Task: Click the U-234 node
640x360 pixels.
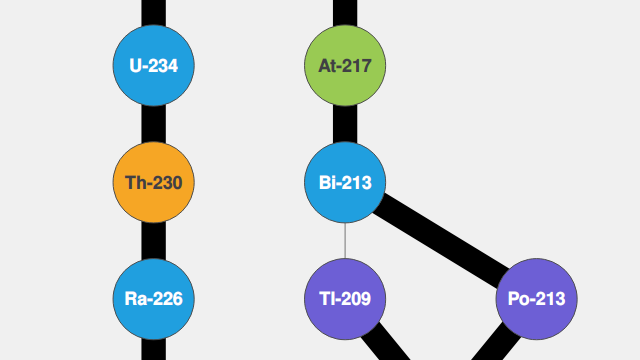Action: click(153, 66)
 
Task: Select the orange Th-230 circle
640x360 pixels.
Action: click(153, 182)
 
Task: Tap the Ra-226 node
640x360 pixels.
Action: click(153, 298)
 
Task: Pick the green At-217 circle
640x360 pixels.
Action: click(345, 66)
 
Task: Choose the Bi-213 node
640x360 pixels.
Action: click(345, 182)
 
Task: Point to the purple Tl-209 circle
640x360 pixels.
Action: click(345, 298)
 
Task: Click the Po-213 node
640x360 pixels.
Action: click(537, 298)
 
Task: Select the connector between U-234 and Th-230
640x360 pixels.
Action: click(153, 124)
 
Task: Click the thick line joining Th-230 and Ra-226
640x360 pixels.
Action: click(153, 240)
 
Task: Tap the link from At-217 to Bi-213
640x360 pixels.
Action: click(345, 124)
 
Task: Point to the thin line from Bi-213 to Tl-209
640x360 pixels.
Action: click(345, 240)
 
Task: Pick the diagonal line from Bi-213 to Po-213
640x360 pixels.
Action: click(441, 240)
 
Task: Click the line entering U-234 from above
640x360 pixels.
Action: click(153, 12)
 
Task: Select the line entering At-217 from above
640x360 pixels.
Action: click(345, 12)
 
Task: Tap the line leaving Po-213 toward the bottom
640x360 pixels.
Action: click(495, 347)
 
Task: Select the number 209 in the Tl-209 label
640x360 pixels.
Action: click(354, 298)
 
